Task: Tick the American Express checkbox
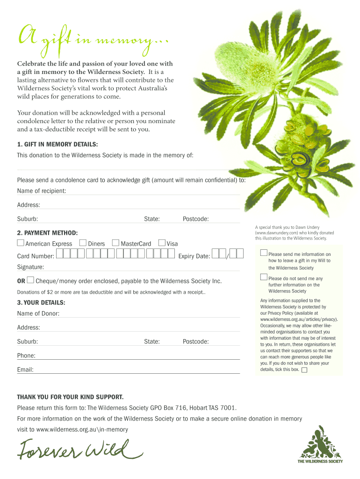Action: (21, 243)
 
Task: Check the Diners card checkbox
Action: (83, 243)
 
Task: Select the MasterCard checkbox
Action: (116, 243)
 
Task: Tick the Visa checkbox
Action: (162, 243)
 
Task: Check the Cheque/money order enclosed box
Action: (30, 280)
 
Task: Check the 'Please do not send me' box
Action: (264, 277)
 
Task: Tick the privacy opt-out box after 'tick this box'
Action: (304, 370)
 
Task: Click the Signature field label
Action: (30, 267)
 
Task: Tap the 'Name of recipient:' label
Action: (41, 191)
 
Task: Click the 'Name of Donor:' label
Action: (38, 313)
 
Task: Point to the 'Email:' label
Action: (25, 370)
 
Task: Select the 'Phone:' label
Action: (26, 356)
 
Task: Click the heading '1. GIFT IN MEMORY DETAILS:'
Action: (58, 145)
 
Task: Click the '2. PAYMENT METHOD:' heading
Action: (47, 232)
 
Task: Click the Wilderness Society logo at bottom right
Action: (320, 444)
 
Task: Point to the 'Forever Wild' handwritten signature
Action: (79, 451)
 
